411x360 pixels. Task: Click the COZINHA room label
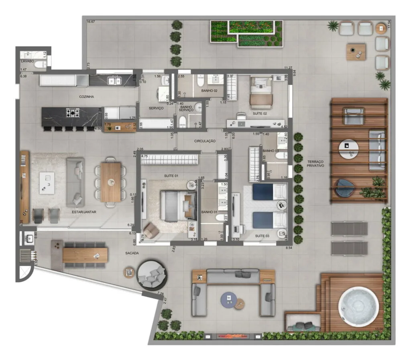[x=86, y=97]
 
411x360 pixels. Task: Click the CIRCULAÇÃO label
[x=205, y=141]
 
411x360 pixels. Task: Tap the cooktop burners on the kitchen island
[x=73, y=114]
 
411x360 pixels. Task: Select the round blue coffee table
[x=228, y=299]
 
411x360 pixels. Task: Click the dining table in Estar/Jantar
[x=110, y=182]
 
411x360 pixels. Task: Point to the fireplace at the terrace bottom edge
[x=235, y=336]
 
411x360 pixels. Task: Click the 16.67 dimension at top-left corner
[x=91, y=21]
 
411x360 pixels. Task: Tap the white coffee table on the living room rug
[x=47, y=183]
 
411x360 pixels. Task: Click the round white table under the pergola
[x=347, y=149]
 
